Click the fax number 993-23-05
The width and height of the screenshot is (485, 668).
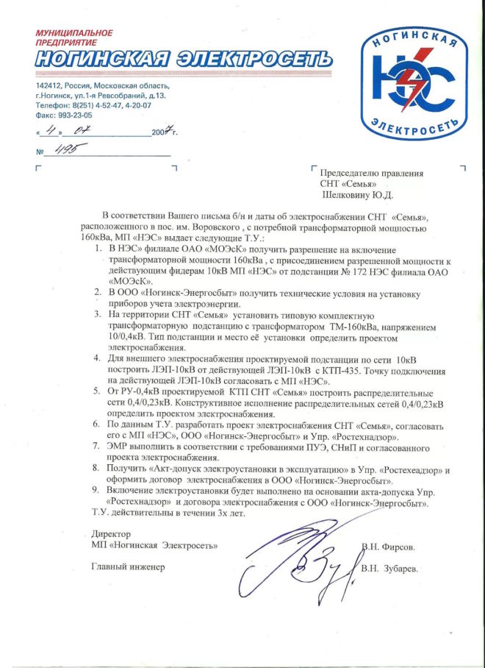(77, 116)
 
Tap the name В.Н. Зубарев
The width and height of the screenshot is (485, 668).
(391, 569)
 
